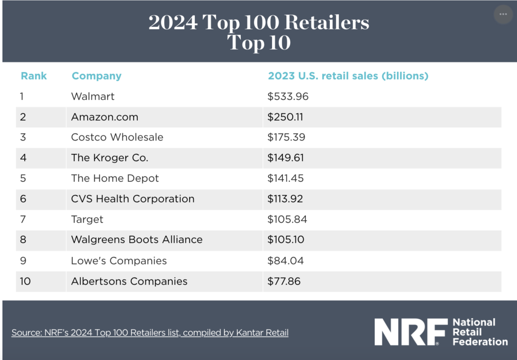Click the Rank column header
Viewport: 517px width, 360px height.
pyautogui.click(x=34, y=76)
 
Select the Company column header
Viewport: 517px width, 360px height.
pyautogui.click(x=96, y=76)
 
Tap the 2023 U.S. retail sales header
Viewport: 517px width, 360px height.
pyautogui.click(x=348, y=76)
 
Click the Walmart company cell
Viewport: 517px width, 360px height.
pyautogui.click(x=93, y=96)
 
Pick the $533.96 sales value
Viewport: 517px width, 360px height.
pyautogui.click(x=288, y=96)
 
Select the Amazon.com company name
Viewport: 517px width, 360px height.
pyautogui.click(x=105, y=117)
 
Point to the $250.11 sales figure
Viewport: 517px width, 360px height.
pyautogui.click(x=285, y=117)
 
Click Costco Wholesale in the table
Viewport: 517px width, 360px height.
pyautogui.click(x=117, y=137)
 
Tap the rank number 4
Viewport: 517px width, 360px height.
pyautogui.click(x=23, y=158)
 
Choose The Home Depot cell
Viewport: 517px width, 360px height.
pyautogui.click(x=115, y=179)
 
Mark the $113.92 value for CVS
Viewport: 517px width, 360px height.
pyautogui.click(x=285, y=199)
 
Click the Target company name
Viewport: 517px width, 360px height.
pyautogui.click(x=87, y=220)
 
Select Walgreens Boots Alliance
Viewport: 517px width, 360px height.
pyautogui.click(x=137, y=240)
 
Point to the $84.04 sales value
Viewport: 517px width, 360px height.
pyautogui.click(x=285, y=261)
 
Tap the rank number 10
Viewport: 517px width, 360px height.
pyautogui.click(x=25, y=281)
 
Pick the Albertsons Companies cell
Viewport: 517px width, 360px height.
pyautogui.click(x=129, y=281)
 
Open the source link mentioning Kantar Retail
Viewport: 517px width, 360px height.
pyautogui.click(x=150, y=333)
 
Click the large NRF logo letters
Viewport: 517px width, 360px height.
pyautogui.click(x=410, y=332)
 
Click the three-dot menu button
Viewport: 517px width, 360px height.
pyautogui.click(x=503, y=15)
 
